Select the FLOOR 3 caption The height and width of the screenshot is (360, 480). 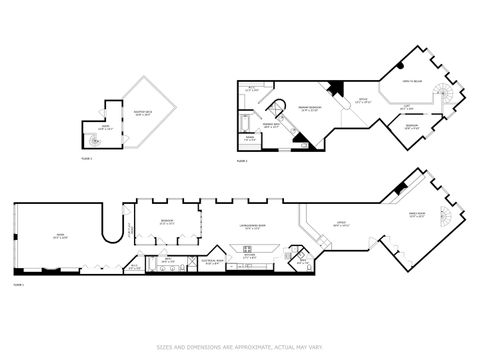click(87, 159)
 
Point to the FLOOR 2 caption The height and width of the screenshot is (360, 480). click(242, 160)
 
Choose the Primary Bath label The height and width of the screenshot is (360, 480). click(272, 126)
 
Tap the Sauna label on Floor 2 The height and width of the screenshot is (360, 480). click(250, 139)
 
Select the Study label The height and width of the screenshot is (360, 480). click(363, 102)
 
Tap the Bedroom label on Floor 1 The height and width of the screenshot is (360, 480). click(167, 223)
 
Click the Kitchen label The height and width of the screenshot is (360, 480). click(250, 255)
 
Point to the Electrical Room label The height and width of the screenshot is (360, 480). click(212, 262)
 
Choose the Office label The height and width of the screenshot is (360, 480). click(341, 224)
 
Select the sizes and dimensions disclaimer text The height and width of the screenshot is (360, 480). click(240, 347)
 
